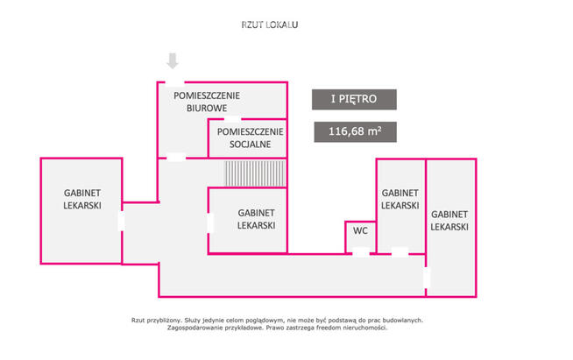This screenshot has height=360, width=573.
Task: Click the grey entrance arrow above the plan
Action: (173, 60)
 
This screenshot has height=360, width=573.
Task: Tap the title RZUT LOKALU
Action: (270, 25)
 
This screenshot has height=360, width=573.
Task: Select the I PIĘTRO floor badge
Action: (354, 99)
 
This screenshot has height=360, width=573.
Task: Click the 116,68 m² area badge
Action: (355, 131)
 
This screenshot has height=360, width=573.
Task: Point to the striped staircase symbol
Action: (255, 173)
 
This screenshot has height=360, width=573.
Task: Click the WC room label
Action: (360, 231)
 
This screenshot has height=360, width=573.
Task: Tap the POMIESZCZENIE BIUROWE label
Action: (207, 102)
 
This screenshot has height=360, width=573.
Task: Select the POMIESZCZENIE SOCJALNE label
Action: (251, 138)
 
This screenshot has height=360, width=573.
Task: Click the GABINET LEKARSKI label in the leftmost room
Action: (82, 199)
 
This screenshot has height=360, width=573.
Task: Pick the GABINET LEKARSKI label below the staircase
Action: (256, 219)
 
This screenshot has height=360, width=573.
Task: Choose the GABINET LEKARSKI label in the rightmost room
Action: (449, 221)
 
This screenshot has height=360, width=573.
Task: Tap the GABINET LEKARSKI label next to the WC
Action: (400, 199)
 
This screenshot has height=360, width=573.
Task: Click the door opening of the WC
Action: (361, 252)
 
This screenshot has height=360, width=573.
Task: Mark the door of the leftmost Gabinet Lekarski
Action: (122, 221)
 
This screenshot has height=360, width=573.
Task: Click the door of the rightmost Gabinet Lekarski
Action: (426, 278)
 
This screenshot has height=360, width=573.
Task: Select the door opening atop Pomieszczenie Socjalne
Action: (232, 119)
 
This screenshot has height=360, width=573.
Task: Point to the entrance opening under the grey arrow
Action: (174, 82)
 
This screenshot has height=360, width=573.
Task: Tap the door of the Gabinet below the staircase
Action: (209, 223)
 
